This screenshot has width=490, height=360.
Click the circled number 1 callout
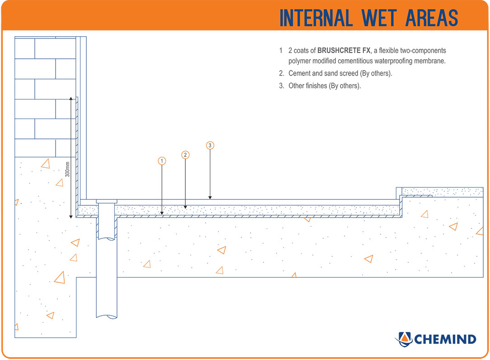(x=162, y=161)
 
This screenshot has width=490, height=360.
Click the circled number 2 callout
(x=185, y=155)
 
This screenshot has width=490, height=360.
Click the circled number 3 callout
(x=210, y=145)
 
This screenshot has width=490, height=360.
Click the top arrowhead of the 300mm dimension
(x=71, y=98)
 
